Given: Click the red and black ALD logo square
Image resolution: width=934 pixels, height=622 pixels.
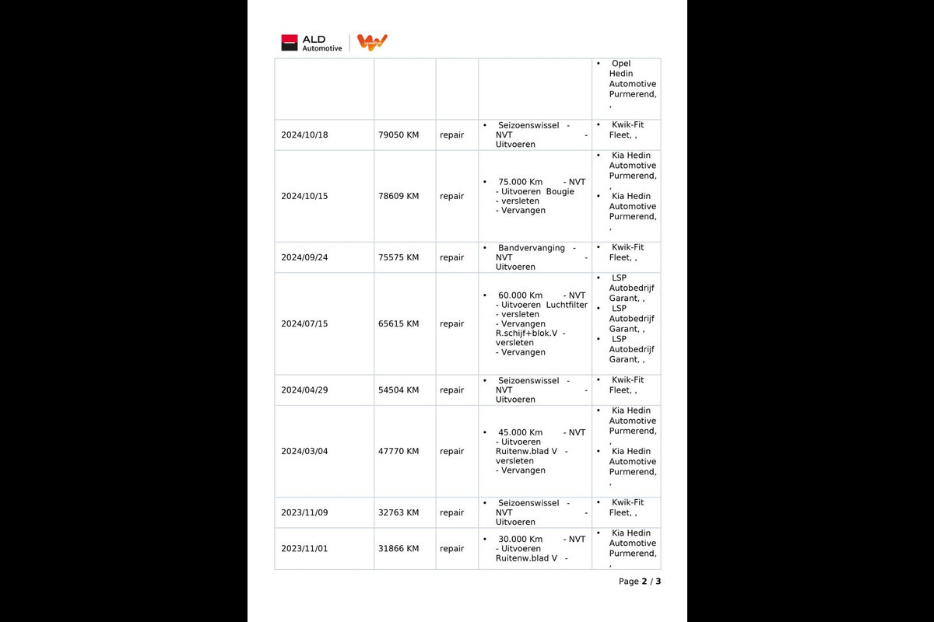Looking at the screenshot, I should pos(290,43).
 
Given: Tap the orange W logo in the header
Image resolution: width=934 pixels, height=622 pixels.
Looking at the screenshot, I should pos(372,43).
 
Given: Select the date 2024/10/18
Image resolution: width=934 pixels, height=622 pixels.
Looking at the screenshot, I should pos(304,135).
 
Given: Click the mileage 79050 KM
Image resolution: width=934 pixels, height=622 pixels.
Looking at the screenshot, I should pos(399,135).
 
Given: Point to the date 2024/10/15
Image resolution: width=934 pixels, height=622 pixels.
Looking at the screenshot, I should pos(304,196).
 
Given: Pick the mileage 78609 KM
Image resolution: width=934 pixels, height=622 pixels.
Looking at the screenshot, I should pos(399,196).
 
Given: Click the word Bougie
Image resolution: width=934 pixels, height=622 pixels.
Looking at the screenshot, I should pos(560,191).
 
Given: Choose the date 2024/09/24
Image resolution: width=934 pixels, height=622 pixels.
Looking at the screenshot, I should pos(304,257).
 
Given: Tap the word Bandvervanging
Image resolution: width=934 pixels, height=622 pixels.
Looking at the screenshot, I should pos(532,248).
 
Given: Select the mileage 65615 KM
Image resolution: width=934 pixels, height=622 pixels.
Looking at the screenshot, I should pos(399,323).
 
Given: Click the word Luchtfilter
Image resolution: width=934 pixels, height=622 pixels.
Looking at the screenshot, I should pos(567,305).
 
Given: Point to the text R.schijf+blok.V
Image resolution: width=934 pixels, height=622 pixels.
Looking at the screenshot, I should pos(526,333).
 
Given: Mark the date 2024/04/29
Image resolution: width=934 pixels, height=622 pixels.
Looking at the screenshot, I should pos(304,390).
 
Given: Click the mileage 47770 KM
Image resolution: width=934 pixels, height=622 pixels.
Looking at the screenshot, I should pos(399,451).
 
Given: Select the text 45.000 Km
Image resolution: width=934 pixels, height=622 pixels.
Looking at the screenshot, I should pos(520,432).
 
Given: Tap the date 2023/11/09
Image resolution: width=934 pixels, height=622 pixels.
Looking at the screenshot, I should pos(304,512).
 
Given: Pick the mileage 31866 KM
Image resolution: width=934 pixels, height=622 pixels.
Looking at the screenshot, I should pos(399,549).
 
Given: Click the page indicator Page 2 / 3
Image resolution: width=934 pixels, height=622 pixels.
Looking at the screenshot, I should pos(640,582).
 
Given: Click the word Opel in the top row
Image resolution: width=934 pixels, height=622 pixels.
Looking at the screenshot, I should pos(621,64).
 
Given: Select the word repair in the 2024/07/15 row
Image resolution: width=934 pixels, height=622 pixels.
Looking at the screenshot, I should pos(451,323).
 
